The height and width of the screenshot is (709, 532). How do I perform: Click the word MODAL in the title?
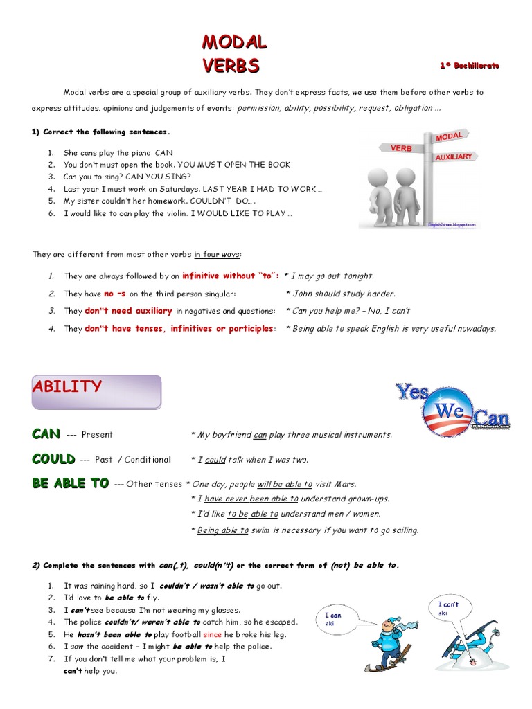(234, 42)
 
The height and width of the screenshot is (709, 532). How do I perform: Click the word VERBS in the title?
(231, 66)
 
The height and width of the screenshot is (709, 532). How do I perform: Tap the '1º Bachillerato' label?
(469, 65)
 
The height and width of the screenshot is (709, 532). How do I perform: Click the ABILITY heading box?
(96, 392)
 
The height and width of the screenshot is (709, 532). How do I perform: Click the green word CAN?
(46, 434)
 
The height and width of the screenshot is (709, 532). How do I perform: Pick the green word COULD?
(53, 459)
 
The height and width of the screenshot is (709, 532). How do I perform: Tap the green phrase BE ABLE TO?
(70, 484)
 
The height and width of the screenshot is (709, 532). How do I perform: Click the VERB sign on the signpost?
(401, 148)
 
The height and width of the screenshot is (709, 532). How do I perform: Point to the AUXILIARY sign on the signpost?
(453, 157)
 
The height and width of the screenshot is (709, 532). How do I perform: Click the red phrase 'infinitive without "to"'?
(231, 276)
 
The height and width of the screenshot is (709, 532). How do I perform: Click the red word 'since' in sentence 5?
(212, 634)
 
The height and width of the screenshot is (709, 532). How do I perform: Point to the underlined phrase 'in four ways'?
(218, 254)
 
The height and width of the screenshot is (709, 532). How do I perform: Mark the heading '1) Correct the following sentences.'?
(100, 132)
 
